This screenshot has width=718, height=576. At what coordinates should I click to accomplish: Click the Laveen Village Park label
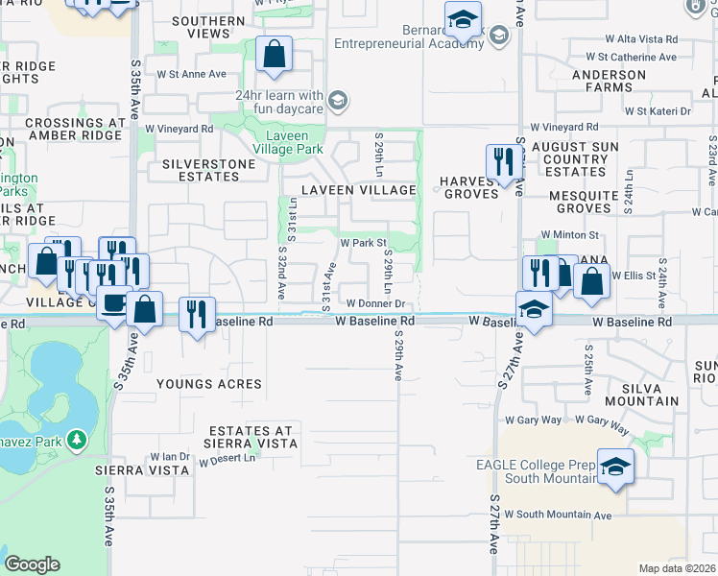pyautogui.click(x=279, y=142)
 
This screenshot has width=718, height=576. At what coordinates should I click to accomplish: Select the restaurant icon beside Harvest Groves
pyautogui.click(x=504, y=163)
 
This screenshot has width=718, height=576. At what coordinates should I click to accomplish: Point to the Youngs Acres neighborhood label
pyautogui.click(x=209, y=384)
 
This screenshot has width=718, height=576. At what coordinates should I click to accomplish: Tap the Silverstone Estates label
pyautogui.click(x=209, y=164)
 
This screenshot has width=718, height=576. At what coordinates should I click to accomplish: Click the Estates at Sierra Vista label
pyautogui.click(x=251, y=437)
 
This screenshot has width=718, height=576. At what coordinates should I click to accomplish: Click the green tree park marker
pyautogui.click(x=74, y=441)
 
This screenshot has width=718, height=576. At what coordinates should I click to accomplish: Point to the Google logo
pyautogui.click(x=32, y=564)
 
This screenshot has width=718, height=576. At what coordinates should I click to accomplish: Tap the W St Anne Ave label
pyautogui.click(x=192, y=73)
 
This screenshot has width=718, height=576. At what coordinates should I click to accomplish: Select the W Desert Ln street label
pyautogui.click(x=228, y=459)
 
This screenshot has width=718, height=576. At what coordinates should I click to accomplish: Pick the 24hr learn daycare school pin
pyautogui.click(x=337, y=100)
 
